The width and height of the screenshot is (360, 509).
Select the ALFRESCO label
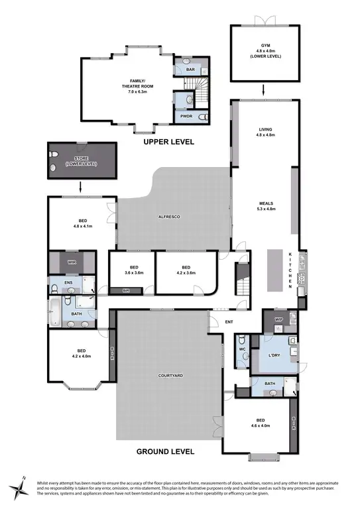(x=170, y=217)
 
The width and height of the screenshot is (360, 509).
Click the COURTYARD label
(x=170, y=376)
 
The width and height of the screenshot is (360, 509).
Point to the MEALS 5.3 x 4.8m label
(x=265, y=206)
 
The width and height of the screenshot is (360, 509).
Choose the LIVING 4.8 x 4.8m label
(x=265, y=132)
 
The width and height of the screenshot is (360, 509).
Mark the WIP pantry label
(x=278, y=320)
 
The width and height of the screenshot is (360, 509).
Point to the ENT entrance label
(x=229, y=323)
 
